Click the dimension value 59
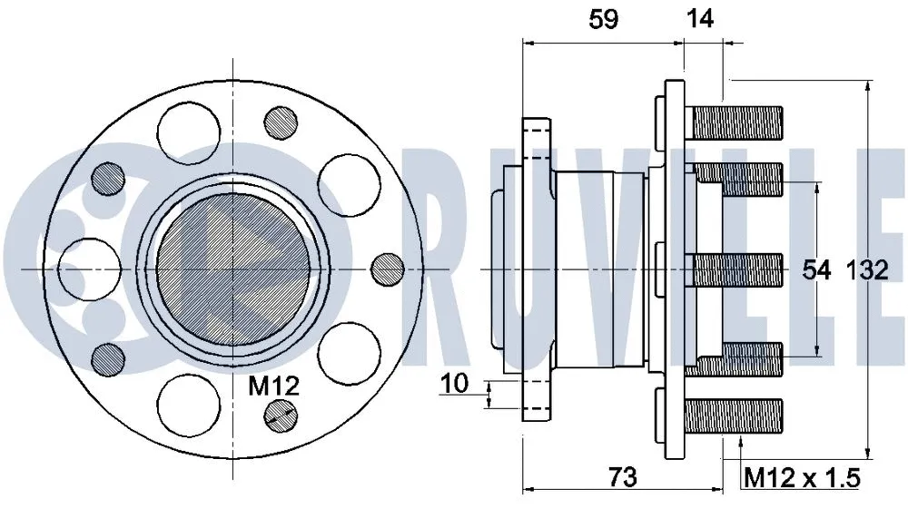[x=604, y=19]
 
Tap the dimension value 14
[x=700, y=19]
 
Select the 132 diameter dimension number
[x=866, y=269]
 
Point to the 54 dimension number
[x=817, y=269]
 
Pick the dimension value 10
[x=455, y=384]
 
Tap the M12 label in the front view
[x=273, y=386]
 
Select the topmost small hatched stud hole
[x=281, y=122]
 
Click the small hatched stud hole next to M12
[x=281, y=415]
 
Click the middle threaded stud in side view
[x=735, y=269]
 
